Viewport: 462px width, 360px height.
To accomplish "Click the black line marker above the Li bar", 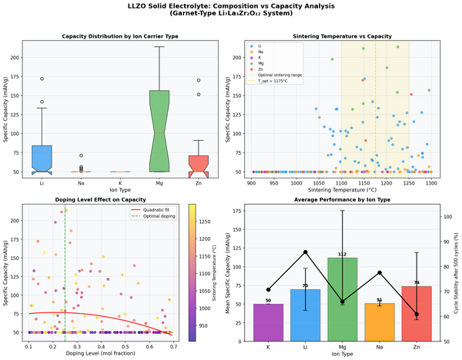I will click(306, 252).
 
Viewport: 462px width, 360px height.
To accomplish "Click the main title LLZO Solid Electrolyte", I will click(231, 6).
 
